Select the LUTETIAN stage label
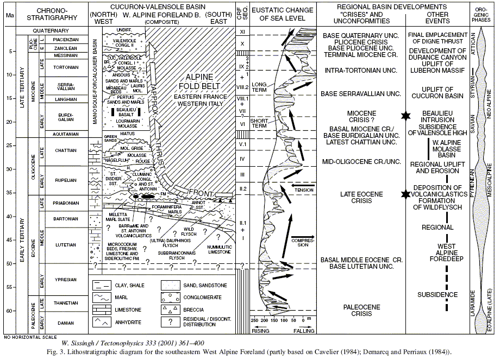[64, 245]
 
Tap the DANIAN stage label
[64, 323]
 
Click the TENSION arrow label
[303, 190]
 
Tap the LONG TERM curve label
[259, 86]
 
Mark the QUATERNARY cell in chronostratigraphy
[54, 31]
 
